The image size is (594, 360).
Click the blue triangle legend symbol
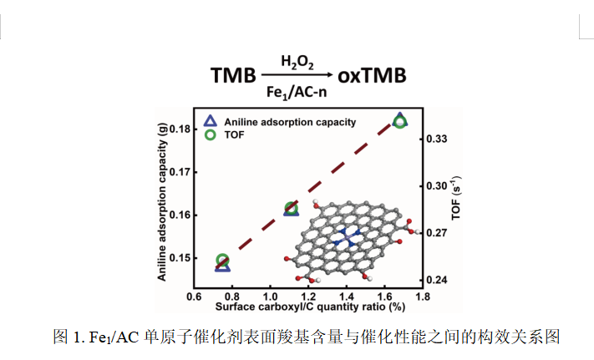pyautogui.click(x=211, y=120)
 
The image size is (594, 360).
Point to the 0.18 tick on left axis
pyautogui.click(x=179, y=129)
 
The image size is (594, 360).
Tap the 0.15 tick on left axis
pyautogui.click(x=179, y=257)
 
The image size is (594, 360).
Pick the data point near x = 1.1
pyautogui.click(x=292, y=209)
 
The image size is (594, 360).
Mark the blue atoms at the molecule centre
pyautogui.click(x=343, y=237)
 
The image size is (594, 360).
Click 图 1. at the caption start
pyautogui.click(x=66, y=337)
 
